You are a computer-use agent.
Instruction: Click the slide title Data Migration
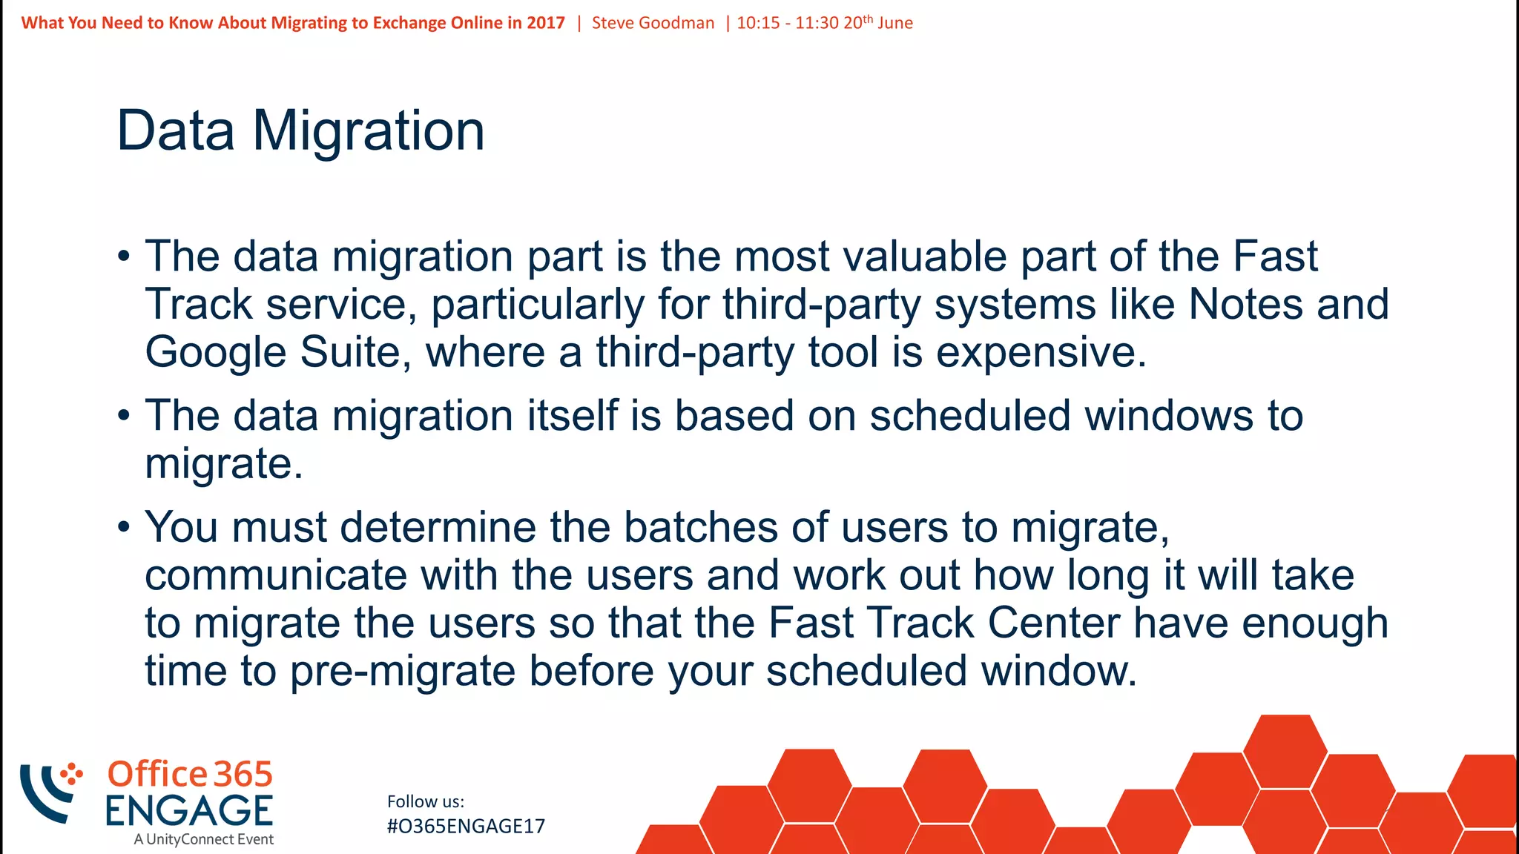click(300, 131)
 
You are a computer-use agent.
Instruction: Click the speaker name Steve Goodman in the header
click(653, 23)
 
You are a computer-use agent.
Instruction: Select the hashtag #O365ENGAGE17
click(466, 827)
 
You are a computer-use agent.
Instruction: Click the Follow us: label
click(425, 801)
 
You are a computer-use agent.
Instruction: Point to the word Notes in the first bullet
click(1245, 305)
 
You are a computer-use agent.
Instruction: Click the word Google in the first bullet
click(215, 353)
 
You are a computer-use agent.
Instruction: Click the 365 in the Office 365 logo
click(243, 775)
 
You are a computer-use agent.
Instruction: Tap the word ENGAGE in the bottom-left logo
click(188, 811)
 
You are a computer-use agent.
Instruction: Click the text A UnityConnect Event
click(203, 840)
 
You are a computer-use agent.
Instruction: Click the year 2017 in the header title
click(546, 23)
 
